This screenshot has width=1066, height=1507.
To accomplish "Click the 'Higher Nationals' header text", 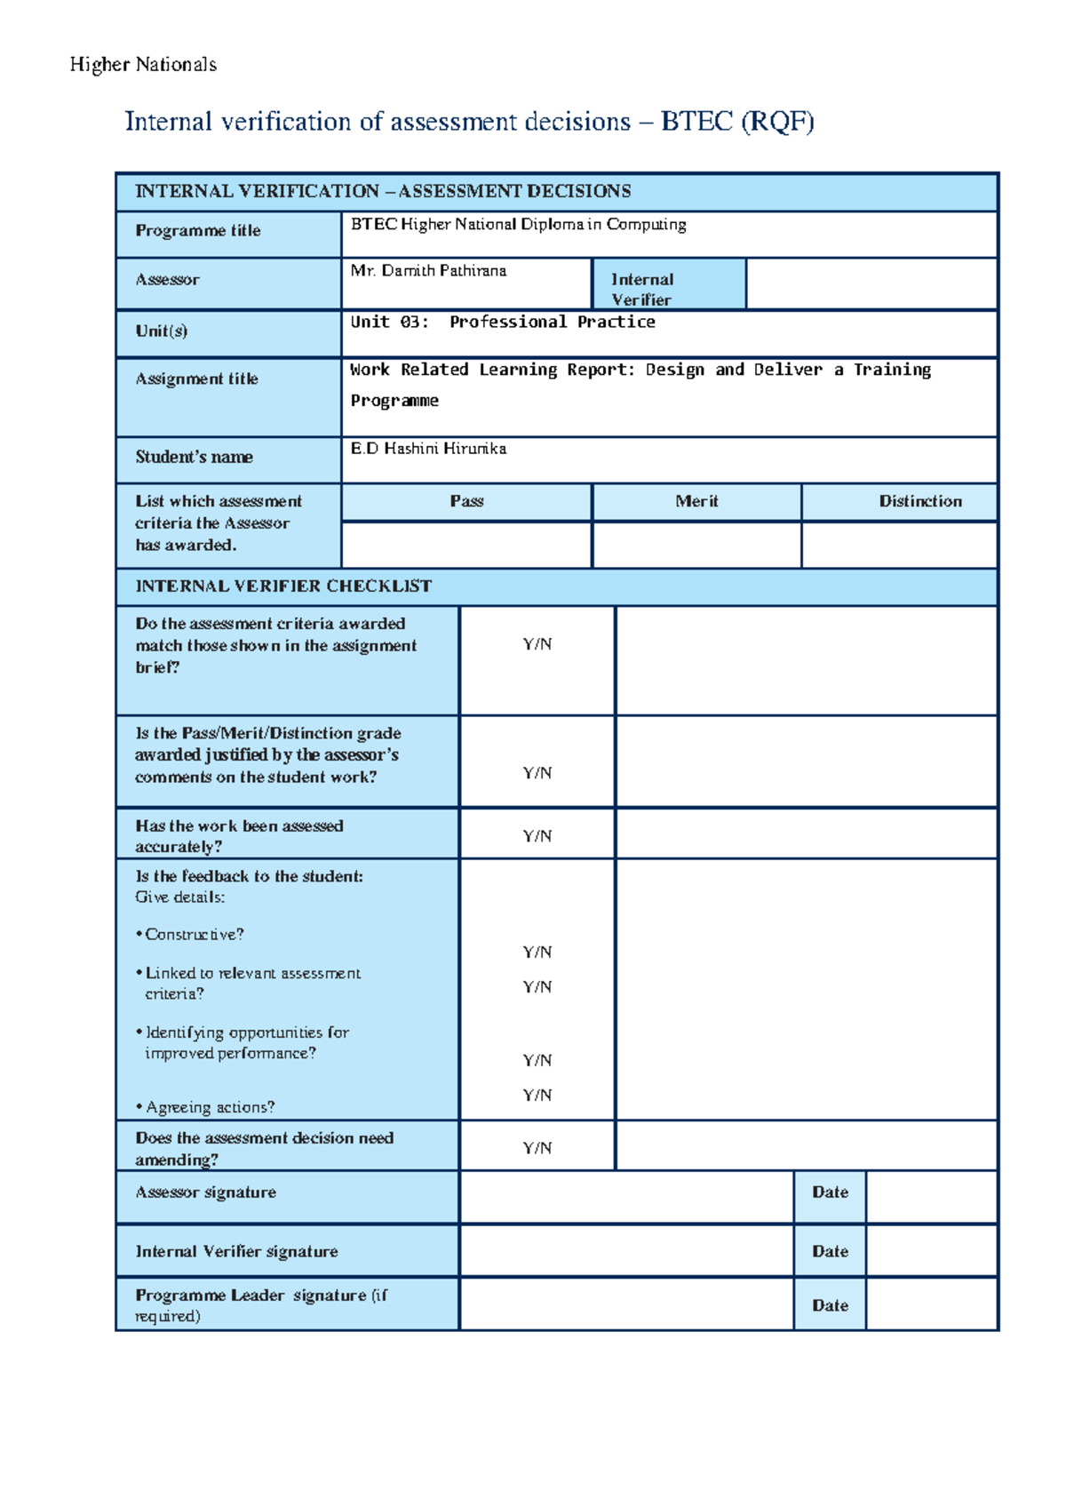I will (143, 65).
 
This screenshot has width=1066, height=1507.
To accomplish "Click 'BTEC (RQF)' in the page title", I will (736, 122).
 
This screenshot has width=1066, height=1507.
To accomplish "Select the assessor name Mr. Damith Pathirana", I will (428, 271).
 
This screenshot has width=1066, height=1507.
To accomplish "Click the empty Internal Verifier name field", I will (871, 284).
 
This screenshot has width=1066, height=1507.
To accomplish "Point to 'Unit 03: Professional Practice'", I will (503, 323).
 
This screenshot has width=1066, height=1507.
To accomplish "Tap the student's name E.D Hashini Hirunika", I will (428, 449).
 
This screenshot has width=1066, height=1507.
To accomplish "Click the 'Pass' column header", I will (466, 501).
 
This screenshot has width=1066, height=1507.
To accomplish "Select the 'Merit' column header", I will (696, 501).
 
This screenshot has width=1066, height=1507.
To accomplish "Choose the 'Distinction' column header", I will (920, 501).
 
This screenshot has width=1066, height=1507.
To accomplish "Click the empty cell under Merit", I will (696, 545).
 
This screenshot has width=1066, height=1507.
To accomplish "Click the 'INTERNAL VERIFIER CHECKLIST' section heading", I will (283, 586).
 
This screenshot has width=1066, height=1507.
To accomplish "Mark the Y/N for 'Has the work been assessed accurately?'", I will (537, 836).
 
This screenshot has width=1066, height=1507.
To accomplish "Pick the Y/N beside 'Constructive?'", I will (537, 953).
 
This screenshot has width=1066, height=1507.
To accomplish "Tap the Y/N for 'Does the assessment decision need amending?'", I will (537, 1148).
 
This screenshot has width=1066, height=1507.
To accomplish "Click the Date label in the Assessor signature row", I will (830, 1192).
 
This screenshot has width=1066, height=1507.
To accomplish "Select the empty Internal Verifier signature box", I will (626, 1251).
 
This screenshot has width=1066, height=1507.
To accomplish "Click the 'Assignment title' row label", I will (196, 379).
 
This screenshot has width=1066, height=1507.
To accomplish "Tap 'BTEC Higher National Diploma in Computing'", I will (518, 225).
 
